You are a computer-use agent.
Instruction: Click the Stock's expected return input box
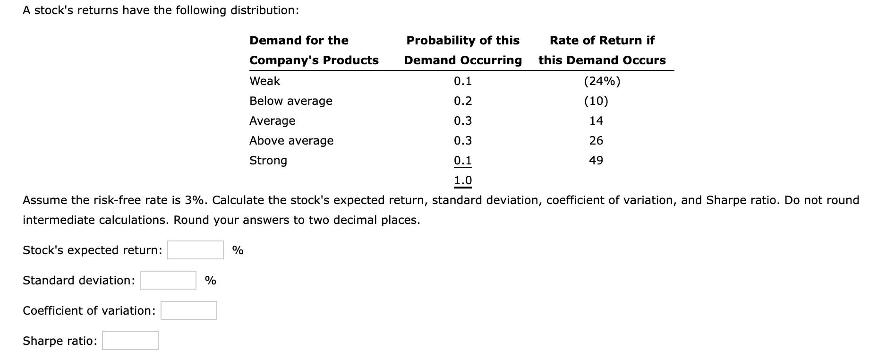(x=195, y=250)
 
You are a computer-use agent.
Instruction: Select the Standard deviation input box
(x=168, y=280)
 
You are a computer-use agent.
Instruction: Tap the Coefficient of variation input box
(x=188, y=310)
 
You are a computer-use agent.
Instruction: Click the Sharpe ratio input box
(x=130, y=341)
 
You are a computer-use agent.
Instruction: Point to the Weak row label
(x=264, y=81)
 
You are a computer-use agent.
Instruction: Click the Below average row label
(x=290, y=101)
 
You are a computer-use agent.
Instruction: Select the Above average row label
(x=291, y=141)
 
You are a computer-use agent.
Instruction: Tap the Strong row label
(x=268, y=161)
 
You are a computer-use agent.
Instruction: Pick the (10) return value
(x=596, y=101)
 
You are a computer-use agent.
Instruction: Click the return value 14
(x=596, y=121)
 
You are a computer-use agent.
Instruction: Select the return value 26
(x=596, y=141)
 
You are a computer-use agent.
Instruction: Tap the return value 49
(x=596, y=161)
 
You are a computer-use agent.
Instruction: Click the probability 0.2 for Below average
(x=462, y=101)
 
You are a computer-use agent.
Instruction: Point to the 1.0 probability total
(x=462, y=180)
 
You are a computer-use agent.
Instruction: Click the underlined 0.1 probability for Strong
(x=462, y=161)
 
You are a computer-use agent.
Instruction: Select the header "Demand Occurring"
(x=462, y=60)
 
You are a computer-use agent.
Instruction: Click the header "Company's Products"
(x=314, y=60)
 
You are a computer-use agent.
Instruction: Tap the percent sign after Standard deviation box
(x=210, y=281)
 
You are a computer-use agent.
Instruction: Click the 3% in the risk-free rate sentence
(x=194, y=200)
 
